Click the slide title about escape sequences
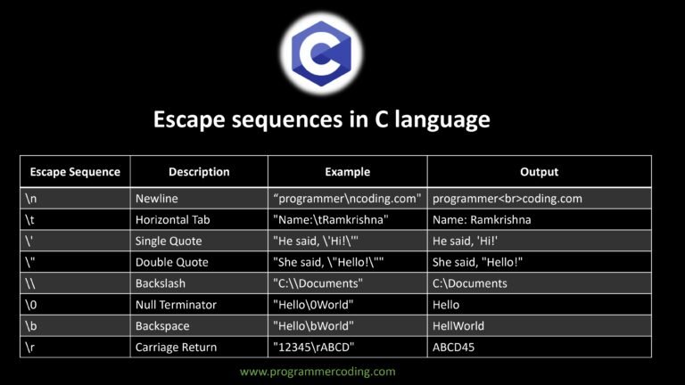(x=322, y=119)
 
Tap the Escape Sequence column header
(x=74, y=172)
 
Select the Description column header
(x=199, y=172)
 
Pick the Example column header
(x=347, y=172)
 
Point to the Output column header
(x=539, y=172)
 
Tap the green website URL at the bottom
(x=318, y=371)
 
